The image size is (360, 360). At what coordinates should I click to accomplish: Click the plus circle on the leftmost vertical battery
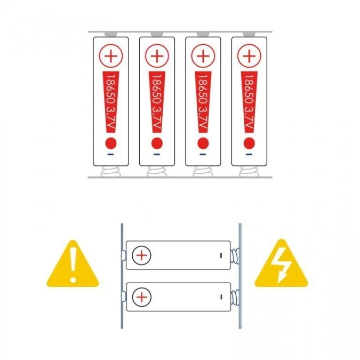coord(111,56)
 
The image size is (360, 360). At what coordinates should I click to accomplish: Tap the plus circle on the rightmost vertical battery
coord(249,56)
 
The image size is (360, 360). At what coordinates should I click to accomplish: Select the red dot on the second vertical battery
coord(157,143)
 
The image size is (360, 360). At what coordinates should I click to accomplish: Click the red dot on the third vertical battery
coord(203,143)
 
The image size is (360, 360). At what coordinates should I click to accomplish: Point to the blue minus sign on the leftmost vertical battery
coord(110,155)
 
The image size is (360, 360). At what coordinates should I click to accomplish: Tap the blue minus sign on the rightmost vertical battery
coord(249,155)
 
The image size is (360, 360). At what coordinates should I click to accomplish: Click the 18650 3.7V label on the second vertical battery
coord(157,102)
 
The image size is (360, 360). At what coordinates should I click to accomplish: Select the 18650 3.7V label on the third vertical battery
coord(203,102)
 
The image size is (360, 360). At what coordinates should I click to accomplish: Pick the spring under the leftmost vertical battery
coord(110,171)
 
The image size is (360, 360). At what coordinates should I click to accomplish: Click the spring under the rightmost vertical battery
coord(249,171)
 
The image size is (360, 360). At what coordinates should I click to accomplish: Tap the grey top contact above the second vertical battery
coord(157,34)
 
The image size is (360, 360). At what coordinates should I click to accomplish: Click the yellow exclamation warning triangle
coord(73,264)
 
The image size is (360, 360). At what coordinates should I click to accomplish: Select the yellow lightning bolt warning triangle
coord(282,264)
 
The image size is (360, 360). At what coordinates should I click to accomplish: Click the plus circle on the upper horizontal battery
coord(142,255)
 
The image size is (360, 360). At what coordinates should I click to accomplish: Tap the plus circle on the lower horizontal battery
coord(142,297)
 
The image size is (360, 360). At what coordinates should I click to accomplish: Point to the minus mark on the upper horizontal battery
coord(221,255)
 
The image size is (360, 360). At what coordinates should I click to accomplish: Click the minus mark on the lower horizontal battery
coord(221,297)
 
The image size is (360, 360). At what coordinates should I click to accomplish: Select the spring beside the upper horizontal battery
coord(235,256)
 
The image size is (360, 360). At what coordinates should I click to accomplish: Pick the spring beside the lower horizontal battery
coord(235,297)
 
